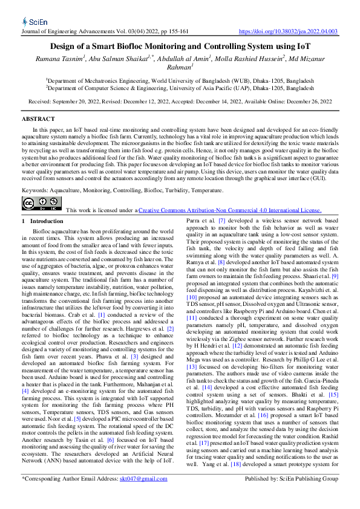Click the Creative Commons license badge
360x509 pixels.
pos(42,204)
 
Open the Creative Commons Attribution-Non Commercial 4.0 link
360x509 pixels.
pos(230,210)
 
